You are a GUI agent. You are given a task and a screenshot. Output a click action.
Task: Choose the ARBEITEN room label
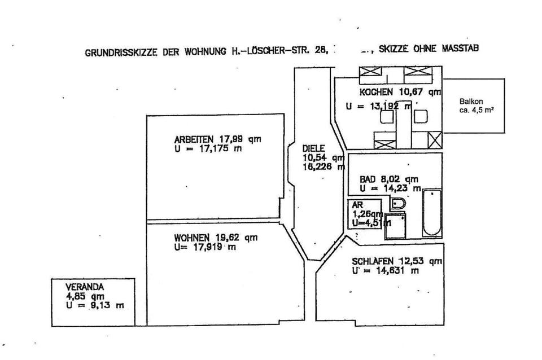tap(194, 140)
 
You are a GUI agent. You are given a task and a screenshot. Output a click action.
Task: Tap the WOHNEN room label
tap(192, 238)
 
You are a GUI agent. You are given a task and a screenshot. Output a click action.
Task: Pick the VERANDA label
tap(82, 286)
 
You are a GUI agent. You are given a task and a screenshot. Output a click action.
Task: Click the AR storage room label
tap(357, 205)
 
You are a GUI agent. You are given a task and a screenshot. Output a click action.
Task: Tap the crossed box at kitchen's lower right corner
tap(435, 139)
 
